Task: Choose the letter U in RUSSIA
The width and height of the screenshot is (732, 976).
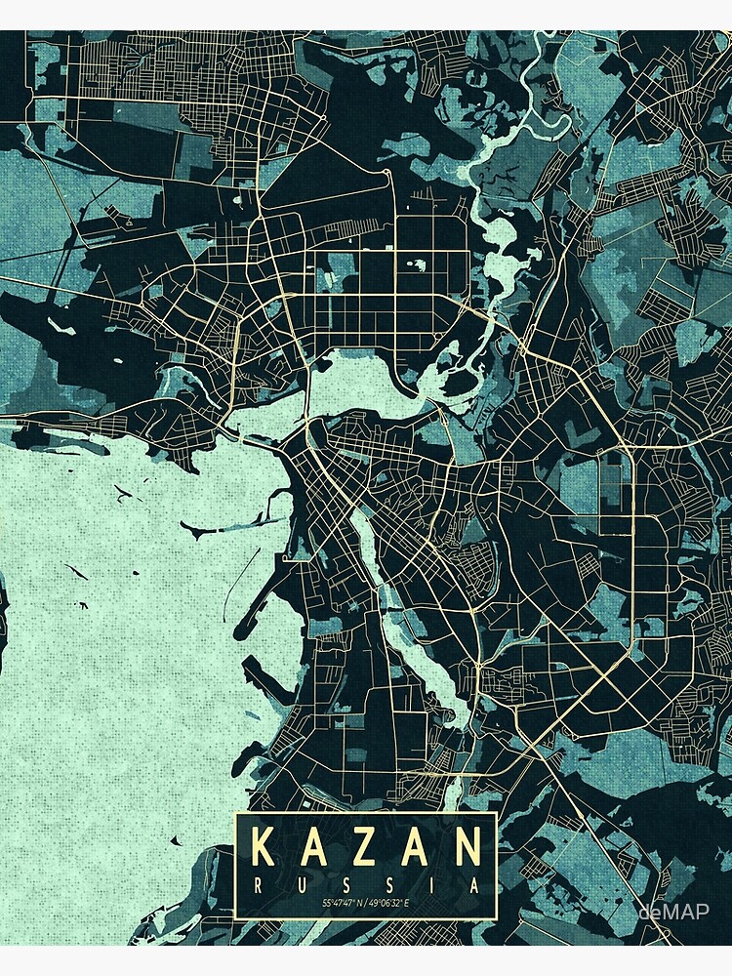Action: [x=301, y=885]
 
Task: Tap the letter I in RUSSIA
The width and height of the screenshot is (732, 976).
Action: [x=430, y=885]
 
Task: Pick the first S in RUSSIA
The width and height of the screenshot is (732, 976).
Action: [x=344, y=885]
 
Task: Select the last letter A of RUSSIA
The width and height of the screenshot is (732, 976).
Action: [x=473, y=885]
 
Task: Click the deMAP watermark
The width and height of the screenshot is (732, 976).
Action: [x=673, y=912]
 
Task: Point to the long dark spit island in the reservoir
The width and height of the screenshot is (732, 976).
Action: [x=215, y=533]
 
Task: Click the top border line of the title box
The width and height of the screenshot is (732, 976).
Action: [x=366, y=813]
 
